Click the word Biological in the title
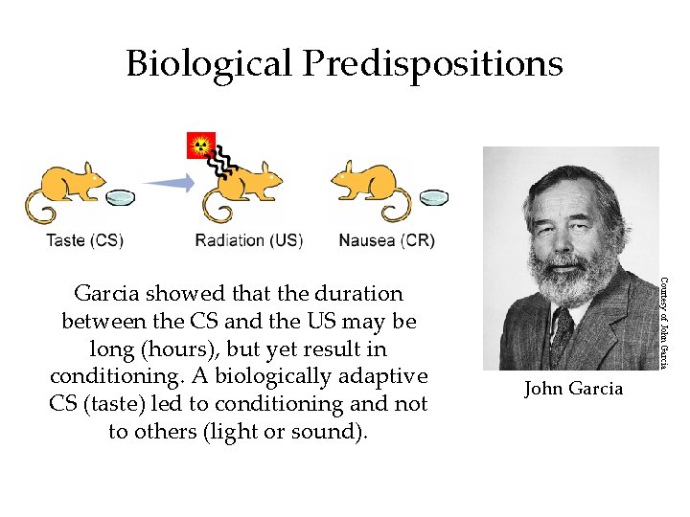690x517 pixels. tap(210, 64)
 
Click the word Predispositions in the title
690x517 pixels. tap(432, 64)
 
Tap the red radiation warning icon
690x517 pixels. tap(200, 146)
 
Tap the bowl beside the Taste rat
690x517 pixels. tap(121, 198)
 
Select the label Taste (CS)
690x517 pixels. tap(84, 240)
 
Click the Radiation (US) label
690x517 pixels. tap(248, 240)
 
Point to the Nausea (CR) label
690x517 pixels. tap(386, 240)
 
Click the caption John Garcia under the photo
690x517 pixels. tap(573, 388)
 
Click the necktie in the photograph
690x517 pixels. tap(562, 330)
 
